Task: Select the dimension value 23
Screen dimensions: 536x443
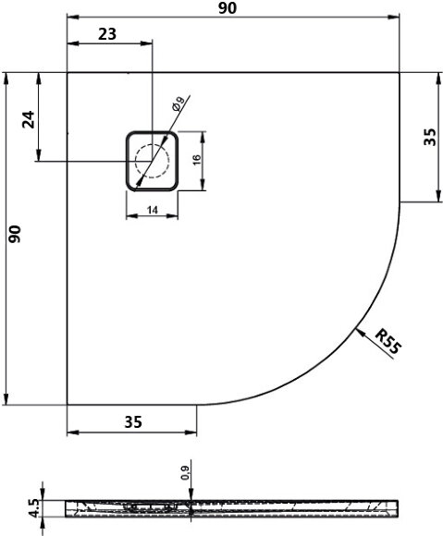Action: point(106,34)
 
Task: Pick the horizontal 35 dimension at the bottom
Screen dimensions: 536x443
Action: point(132,422)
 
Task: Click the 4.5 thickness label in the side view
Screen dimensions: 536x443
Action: point(35,509)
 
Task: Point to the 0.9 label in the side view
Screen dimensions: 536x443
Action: point(186,473)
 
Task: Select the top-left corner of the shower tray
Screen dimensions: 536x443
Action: point(68,72)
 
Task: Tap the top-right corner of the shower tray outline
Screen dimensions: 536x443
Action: point(400,72)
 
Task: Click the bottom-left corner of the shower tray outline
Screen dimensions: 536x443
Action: point(68,405)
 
